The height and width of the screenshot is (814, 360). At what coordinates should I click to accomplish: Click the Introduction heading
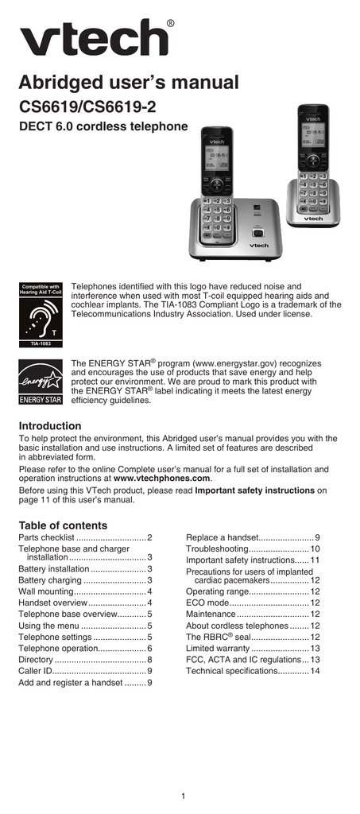50,426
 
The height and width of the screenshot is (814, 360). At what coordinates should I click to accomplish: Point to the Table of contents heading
63,525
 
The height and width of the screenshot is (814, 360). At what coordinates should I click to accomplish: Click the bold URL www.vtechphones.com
162,479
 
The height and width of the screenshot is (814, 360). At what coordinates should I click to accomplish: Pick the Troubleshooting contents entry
253,549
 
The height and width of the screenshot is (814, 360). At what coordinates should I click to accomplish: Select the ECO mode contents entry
253,603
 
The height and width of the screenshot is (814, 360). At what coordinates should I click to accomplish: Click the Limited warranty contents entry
253,649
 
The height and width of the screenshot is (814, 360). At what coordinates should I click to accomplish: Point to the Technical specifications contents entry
253,671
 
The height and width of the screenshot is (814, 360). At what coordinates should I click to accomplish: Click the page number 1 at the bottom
184,796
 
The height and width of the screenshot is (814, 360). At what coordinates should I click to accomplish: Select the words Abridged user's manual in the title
129,82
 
